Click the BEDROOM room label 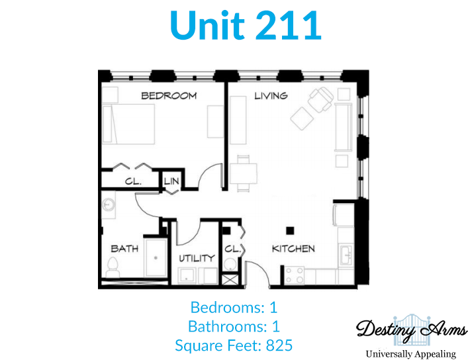point(169,96)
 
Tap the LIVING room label point(271,96)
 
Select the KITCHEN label point(293,249)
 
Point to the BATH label point(124,249)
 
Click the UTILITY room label point(197,258)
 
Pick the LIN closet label point(171,181)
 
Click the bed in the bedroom point(128,124)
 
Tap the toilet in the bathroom point(113,268)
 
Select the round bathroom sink point(108,204)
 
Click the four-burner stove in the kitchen point(294,275)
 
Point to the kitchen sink point(346,255)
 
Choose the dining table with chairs point(243,173)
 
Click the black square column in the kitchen point(290,230)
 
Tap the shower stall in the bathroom point(156,257)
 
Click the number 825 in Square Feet point(279,345)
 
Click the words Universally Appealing point(411,354)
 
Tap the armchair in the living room point(320,99)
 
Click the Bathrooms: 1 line point(234,326)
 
